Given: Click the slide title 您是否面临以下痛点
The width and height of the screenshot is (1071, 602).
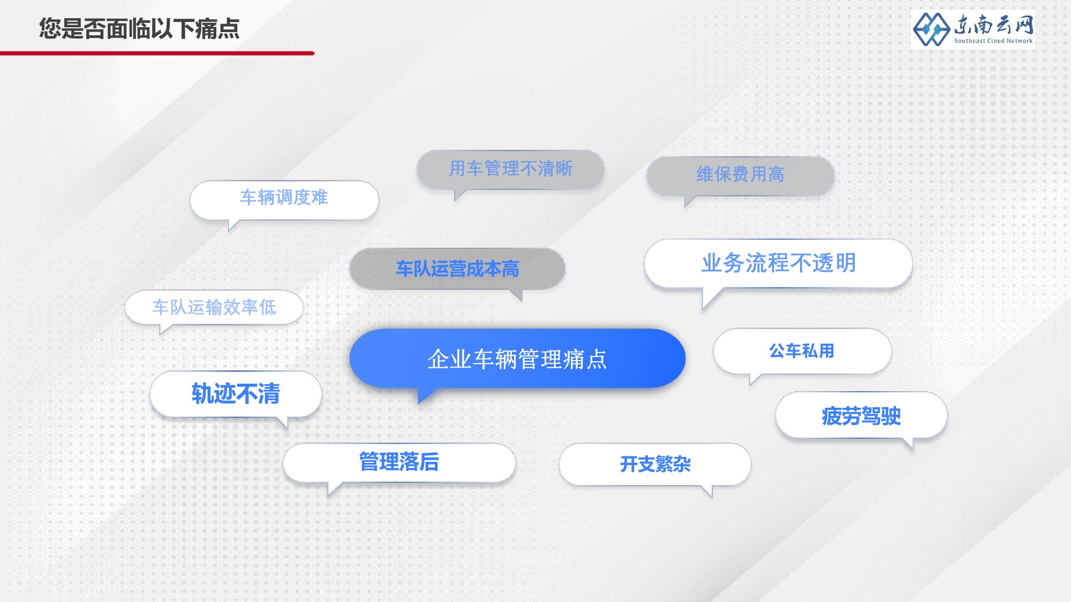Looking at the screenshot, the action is (x=139, y=28).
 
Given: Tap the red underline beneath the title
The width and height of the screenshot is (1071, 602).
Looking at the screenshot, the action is (x=157, y=53).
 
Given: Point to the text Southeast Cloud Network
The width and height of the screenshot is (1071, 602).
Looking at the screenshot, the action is (x=993, y=41).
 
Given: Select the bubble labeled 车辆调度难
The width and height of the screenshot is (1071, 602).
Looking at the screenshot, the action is (x=284, y=200).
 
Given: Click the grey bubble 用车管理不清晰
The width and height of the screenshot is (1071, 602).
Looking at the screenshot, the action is (x=511, y=170).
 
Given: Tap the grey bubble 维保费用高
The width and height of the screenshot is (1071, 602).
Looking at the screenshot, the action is (x=741, y=176).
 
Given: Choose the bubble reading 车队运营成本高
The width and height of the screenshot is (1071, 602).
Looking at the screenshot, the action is (x=457, y=269).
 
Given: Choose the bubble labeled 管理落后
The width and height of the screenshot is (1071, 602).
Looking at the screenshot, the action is (x=399, y=462).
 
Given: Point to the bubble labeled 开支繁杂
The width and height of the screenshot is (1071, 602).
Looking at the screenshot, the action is (x=655, y=464).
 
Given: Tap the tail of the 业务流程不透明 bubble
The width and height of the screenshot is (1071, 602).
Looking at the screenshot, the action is (x=709, y=298).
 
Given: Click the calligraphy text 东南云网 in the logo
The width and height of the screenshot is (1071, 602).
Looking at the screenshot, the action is (x=994, y=25).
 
